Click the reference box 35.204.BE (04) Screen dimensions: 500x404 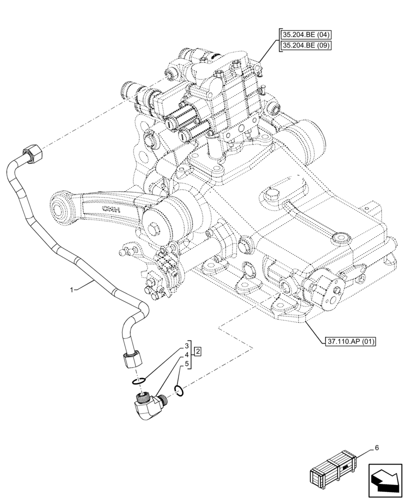pos(306,34)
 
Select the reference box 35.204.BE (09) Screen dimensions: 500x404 pos(306,46)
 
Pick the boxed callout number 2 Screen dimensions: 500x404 pos(198,351)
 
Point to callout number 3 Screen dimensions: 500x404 pos(186,345)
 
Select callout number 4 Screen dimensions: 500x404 pos(186,354)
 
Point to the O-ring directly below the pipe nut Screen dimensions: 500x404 pos(139,382)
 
